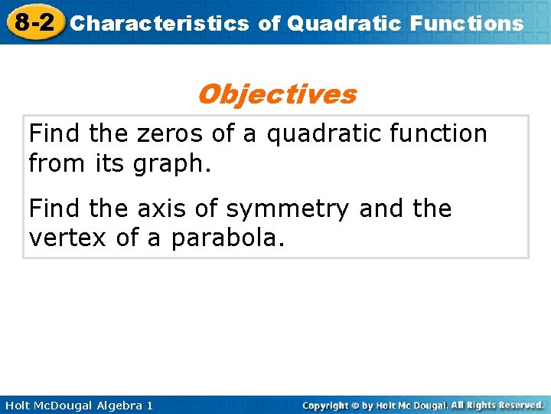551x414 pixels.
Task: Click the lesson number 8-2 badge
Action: tap(33, 21)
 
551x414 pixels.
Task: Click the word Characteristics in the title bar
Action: tap(159, 23)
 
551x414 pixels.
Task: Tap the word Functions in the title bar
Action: tap(467, 23)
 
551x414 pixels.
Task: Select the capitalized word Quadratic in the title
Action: tap(344, 23)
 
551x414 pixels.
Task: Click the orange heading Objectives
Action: tap(276, 94)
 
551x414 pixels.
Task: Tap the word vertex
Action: tap(68, 238)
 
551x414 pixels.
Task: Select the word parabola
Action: tap(227, 238)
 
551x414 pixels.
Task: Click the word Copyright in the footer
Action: tap(325, 405)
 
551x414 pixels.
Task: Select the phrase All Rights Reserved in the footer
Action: tap(497, 405)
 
